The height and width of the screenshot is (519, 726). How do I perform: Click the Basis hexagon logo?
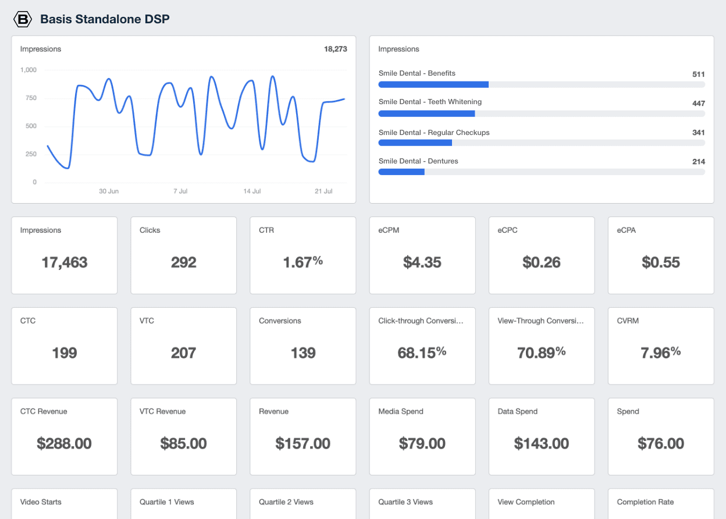click(x=22, y=19)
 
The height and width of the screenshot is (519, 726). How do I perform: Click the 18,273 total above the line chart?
click(x=335, y=49)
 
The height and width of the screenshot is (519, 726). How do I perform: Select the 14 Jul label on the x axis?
click(x=252, y=191)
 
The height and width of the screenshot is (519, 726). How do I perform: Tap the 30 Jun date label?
click(x=109, y=191)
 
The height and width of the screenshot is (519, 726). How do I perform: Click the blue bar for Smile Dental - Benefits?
click(x=433, y=84)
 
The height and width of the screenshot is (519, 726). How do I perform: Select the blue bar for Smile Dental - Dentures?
click(x=401, y=172)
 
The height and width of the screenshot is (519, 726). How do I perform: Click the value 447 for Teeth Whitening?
click(x=698, y=103)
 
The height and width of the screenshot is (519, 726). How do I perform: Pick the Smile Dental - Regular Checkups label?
click(x=434, y=133)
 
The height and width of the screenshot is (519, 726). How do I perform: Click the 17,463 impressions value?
click(x=65, y=262)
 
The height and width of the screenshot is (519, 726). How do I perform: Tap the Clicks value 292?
click(x=183, y=262)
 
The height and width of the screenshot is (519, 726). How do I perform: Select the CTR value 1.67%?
click(x=302, y=262)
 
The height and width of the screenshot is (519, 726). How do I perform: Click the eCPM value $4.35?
click(x=422, y=262)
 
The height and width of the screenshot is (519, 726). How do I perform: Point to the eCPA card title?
click(x=626, y=230)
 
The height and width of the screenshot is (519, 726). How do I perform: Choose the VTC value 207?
click(x=183, y=353)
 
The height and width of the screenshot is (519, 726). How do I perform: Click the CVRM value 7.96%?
click(x=661, y=353)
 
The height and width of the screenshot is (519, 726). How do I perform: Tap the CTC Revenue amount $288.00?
click(x=65, y=443)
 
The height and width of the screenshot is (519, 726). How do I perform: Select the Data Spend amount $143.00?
click(x=542, y=443)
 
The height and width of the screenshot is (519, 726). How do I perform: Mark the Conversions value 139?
click(x=302, y=353)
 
